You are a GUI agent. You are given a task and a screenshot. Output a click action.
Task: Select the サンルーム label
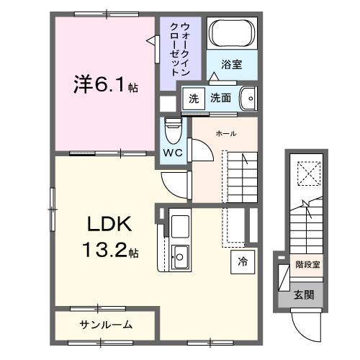coord(105,325)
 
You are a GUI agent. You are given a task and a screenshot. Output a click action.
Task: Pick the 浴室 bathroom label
coord(231,64)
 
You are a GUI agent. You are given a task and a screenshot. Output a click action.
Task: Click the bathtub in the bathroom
coord(232,34)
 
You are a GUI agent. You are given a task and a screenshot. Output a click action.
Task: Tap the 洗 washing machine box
coord(192,98)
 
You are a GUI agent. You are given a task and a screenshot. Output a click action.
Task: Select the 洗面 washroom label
coord(221,98)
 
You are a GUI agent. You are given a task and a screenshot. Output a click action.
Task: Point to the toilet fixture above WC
coord(173,130)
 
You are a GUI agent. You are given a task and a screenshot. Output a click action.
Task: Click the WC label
coord(174,153)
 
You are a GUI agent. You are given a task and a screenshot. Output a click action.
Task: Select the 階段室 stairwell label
coord(307,265)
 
